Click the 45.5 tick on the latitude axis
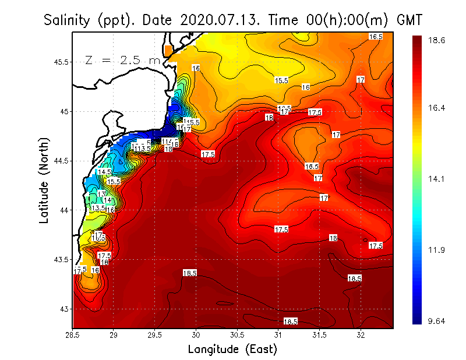(61, 62)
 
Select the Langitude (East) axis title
(232, 349)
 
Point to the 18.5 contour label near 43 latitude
(290, 321)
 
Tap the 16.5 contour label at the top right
(376, 37)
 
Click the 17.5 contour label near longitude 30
(208, 154)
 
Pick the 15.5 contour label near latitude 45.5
(282, 80)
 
